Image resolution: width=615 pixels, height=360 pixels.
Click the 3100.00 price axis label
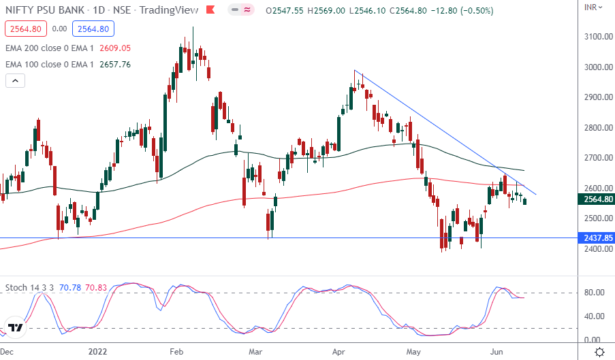coord(597,37)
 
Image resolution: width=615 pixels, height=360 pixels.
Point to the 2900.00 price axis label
coord(597,97)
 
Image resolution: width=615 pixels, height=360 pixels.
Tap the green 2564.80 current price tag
coord(597,199)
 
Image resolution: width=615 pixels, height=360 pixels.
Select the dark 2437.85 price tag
coord(597,238)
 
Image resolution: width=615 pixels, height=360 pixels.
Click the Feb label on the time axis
coord(176,352)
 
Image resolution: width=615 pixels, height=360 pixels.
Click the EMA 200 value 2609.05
coord(114,49)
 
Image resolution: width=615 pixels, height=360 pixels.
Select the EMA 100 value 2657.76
coord(114,65)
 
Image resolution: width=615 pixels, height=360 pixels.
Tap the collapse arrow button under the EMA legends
coord(15,80)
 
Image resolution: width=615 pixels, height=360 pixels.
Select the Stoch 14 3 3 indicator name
coord(27,288)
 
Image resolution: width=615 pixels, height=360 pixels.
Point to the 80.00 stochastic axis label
coord(595,293)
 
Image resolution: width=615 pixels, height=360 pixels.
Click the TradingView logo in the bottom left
coord(16,327)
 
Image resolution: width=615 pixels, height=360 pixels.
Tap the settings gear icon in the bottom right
coord(599,352)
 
